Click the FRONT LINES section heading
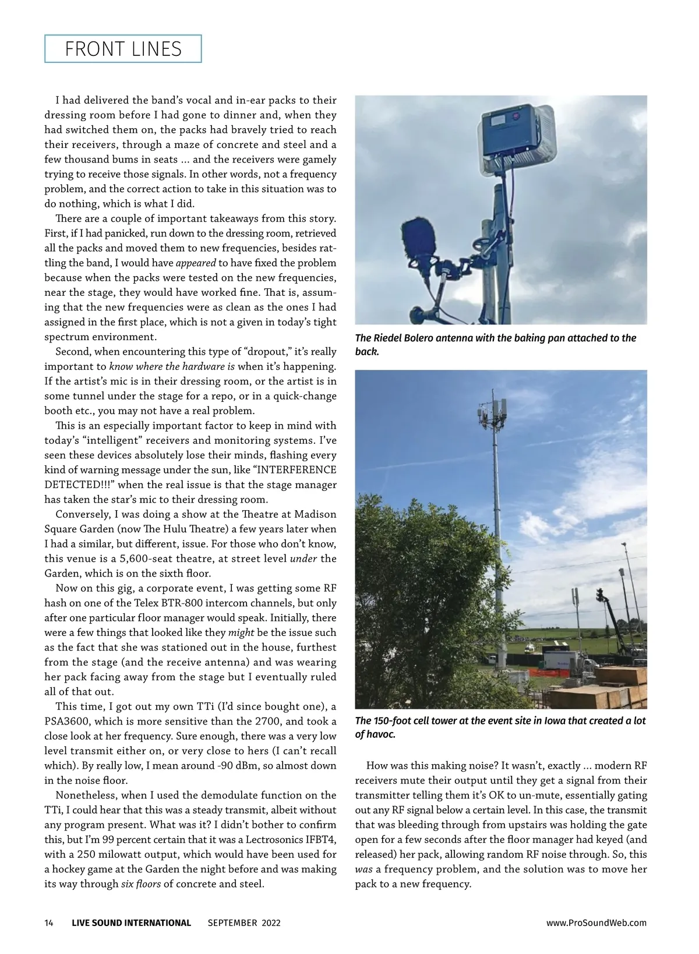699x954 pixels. (123, 49)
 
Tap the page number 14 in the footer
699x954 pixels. (49, 923)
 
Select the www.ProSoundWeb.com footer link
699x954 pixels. (596, 923)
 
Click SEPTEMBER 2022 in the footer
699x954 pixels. (244, 923)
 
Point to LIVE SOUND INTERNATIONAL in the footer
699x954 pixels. (131, 923)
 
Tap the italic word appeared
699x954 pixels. (196, 263)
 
